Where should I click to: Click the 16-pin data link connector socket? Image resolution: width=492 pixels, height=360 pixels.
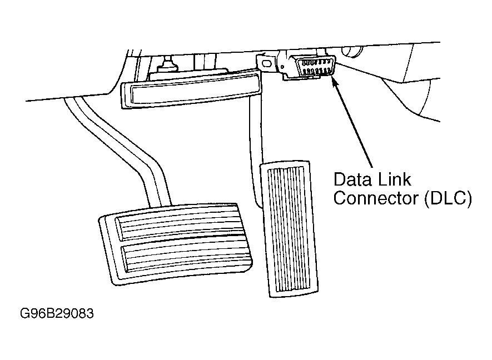coord(315,66)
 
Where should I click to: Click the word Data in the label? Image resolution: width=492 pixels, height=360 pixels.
coord(352,179)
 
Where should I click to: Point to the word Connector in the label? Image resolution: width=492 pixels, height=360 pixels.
coord(376,198)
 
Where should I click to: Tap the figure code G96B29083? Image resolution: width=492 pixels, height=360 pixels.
coord(57,313)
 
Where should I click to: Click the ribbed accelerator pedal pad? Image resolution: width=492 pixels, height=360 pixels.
coord(289,229)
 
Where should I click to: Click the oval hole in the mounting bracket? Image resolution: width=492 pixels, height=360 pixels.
coord(267,63)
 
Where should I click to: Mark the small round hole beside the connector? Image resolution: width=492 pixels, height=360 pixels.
coord(282,67)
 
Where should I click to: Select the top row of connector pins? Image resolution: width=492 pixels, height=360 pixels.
coord(315,62)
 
